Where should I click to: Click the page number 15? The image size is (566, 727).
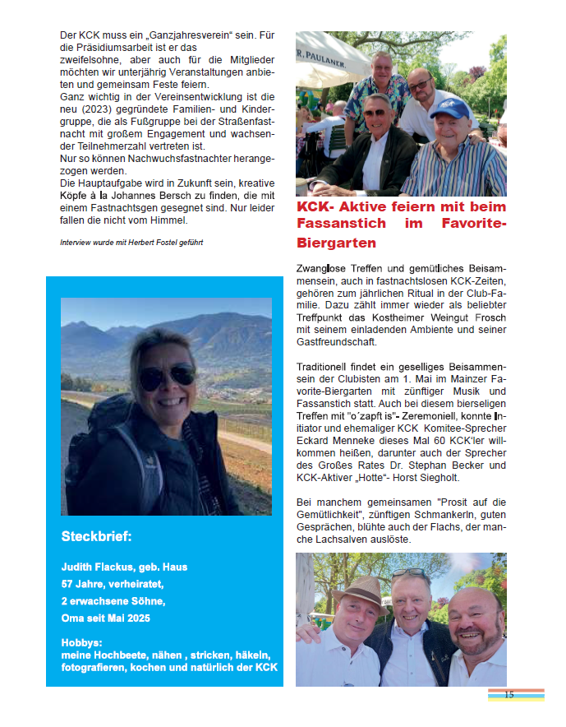[508, 695]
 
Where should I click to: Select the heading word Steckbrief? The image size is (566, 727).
[96, 537]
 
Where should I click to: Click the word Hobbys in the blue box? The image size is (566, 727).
[82, 641]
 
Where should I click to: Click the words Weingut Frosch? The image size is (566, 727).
[464, 317]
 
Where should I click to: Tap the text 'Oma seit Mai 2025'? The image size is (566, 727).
[107, 618]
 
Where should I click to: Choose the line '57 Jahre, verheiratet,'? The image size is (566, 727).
[113, 584]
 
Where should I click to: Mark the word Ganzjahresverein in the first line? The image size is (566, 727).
[191, 36]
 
